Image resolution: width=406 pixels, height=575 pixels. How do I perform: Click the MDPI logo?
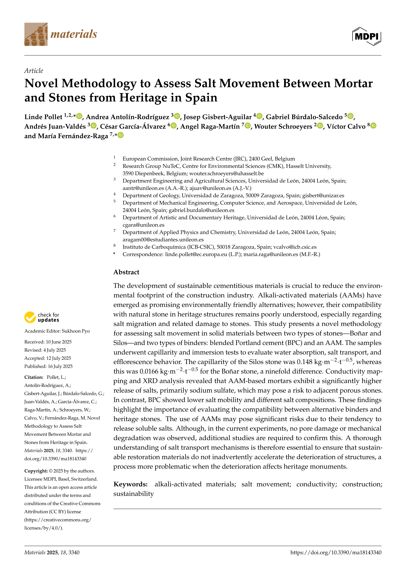click(367, 36)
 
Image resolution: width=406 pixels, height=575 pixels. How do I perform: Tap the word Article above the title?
click(34, 71)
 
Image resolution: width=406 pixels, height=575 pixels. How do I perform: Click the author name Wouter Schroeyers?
click(283, 126)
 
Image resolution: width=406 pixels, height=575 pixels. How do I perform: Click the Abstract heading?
click(126, 272)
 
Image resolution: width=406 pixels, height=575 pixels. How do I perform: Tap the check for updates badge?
click(42, 317)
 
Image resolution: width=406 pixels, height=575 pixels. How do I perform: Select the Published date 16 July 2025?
click(60, 366)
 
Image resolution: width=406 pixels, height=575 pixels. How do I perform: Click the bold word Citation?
click(34, 377)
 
